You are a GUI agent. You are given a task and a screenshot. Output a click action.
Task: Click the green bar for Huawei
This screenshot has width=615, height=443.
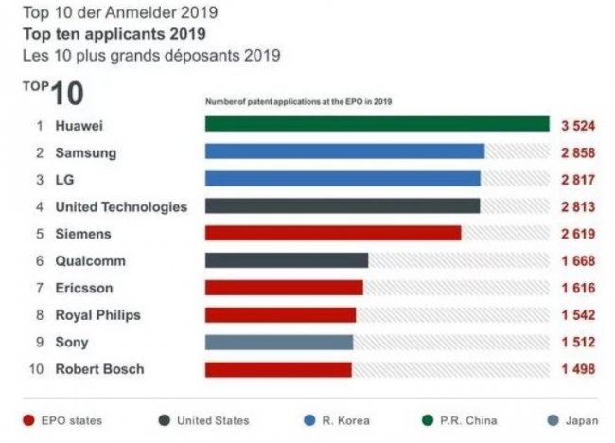377,124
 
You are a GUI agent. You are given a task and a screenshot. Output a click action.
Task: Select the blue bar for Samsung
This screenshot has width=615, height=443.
344,151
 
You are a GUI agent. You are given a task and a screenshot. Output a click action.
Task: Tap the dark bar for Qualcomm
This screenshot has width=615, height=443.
286,260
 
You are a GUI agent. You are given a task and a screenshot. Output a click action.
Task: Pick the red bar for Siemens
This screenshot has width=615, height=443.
332,233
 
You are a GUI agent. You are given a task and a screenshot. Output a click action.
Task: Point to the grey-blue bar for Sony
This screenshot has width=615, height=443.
278,342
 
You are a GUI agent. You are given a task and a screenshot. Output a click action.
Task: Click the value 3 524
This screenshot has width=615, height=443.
578,124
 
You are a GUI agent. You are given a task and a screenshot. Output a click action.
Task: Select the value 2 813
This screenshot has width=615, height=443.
578,206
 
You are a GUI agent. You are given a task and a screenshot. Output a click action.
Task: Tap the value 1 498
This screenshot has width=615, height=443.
578,369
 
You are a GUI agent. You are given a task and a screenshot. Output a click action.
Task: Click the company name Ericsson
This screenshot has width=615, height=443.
83,288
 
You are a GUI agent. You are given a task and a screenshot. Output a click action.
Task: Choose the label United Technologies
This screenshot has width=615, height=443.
121,206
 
